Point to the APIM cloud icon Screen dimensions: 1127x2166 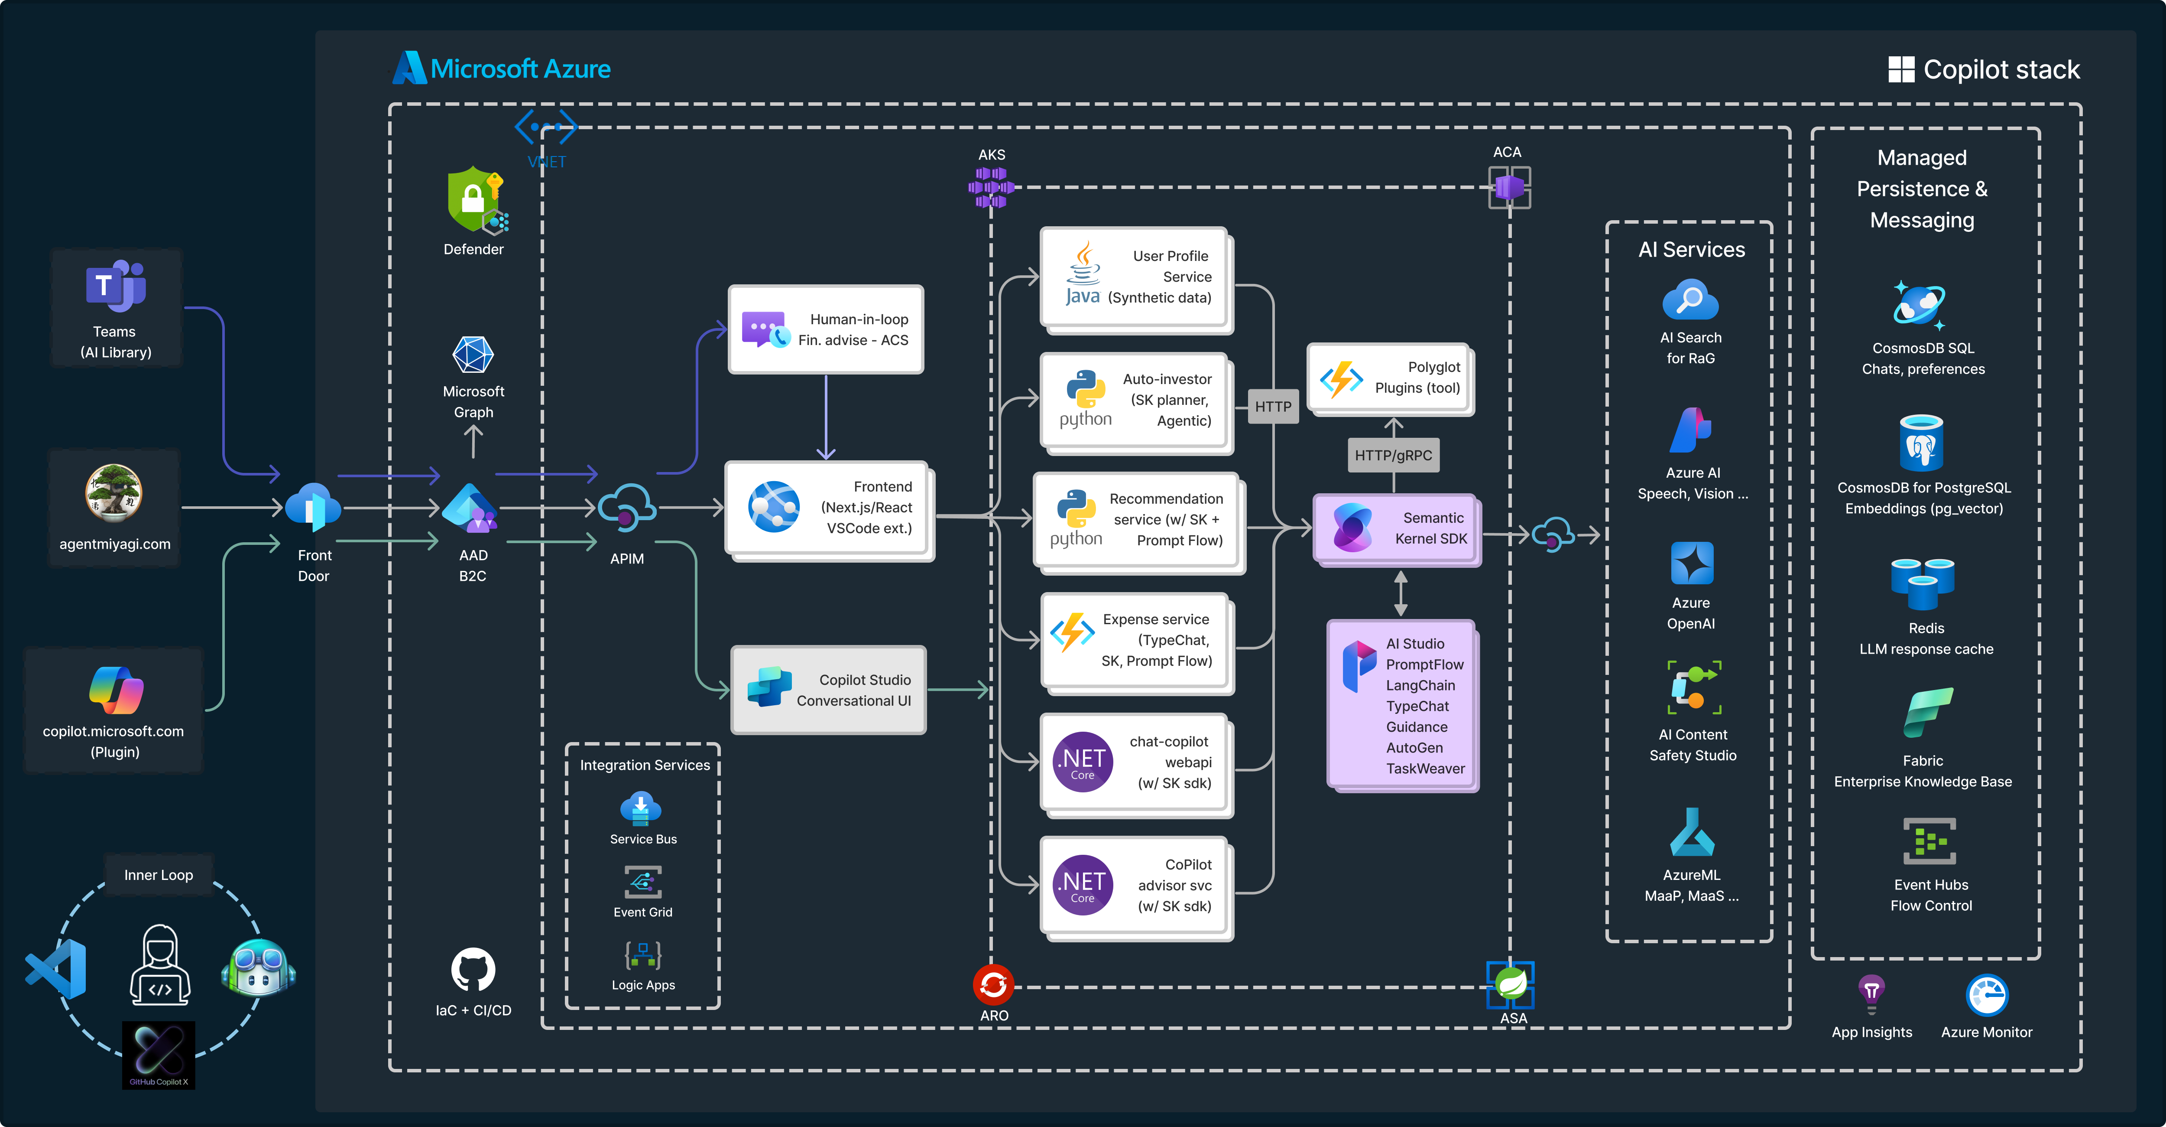click(x=626, y=507)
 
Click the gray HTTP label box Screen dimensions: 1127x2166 click(x=1272, y=406)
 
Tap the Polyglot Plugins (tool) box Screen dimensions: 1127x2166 click(x=1391, y=378)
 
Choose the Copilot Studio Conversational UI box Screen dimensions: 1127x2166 click(x=828, y=690)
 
